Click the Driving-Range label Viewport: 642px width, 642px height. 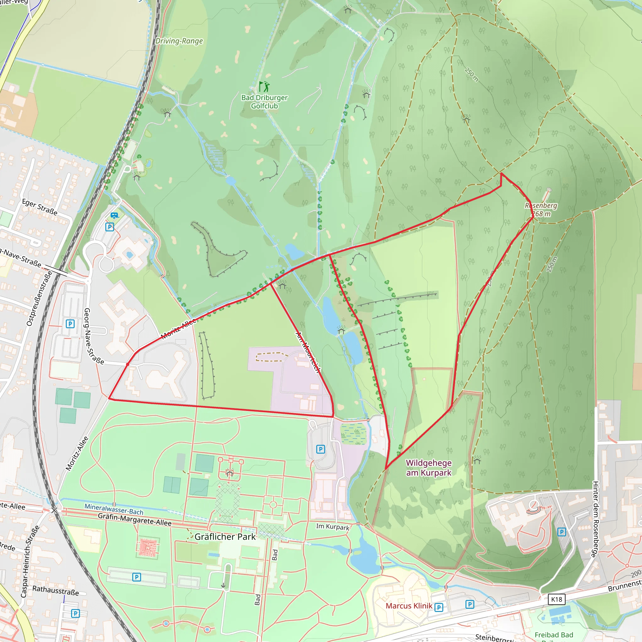[179, 41]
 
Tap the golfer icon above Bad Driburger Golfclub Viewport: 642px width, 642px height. [264, 87]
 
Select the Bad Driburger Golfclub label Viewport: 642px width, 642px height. [265, 102]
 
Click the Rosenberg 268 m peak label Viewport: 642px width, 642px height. [541, 210]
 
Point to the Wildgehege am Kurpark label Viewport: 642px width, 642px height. [429, 467]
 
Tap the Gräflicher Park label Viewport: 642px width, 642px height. [225, 537]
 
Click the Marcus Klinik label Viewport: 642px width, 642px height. [409, 606]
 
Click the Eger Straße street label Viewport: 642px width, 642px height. [39, 207]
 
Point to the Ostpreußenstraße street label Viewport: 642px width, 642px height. [39, 298]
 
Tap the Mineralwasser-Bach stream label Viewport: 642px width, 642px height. [114, 509]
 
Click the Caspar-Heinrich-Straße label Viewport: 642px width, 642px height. [30, 561]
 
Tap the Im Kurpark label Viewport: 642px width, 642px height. [332, 527]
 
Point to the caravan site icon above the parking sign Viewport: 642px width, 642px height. [114, 215]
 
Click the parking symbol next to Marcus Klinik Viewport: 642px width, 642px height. [439, 608]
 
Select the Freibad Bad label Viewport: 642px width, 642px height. [554, 635]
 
